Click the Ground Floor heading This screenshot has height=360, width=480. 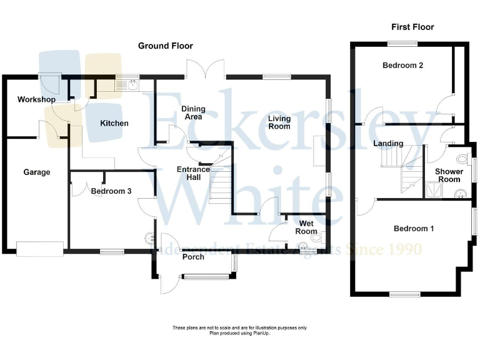click(166, 46)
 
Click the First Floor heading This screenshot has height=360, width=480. click(412, 27)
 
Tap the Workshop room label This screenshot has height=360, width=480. click(36, 99)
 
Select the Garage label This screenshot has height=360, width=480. click(37, 172)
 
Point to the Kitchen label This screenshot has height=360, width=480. click(114, 123)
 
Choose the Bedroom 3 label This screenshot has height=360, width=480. click(111, 191)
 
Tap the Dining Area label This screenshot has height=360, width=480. click(193, 112)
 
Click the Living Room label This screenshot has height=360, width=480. click(279, 122)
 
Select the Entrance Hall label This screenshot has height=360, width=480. click(193, 174)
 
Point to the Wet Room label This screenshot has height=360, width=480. click(306, 227)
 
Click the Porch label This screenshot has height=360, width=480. click(193, 257)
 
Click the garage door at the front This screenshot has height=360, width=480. click(40, 249)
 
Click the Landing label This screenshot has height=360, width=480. click(388, 144)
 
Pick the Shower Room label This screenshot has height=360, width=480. click(449, 176)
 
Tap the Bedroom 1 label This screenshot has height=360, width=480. click(414, 229)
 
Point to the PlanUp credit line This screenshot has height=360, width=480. click(240, 334)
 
